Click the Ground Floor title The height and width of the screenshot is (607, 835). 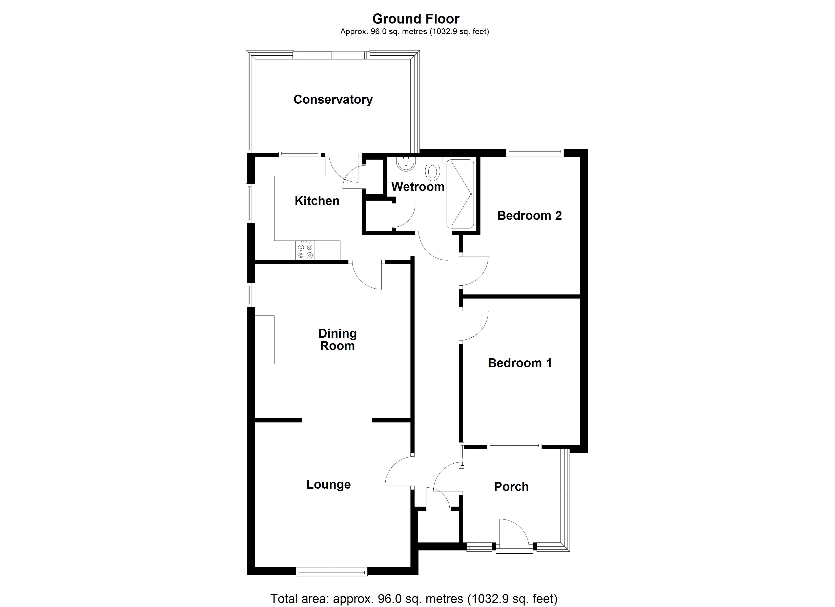416,19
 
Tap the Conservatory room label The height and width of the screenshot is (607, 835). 333,99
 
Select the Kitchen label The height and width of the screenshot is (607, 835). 317,201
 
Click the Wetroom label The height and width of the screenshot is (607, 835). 418,187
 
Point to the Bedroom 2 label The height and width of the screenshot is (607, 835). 529,216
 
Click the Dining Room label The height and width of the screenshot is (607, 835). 337,339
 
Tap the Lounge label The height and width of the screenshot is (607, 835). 328,484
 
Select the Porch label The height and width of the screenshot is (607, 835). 511,487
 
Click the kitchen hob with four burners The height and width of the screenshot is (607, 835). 305,250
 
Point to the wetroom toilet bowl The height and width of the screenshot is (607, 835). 433,171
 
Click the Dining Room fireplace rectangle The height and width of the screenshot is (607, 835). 265,339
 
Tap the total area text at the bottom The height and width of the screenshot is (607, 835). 414,599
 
